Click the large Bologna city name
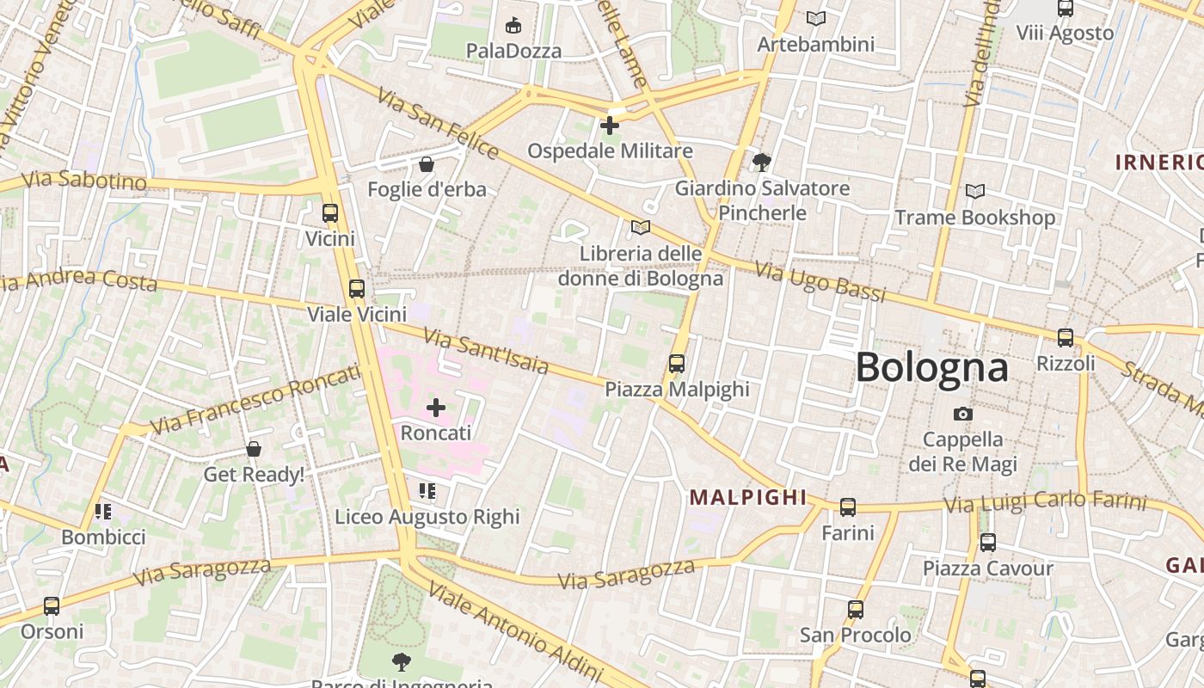[931, 367]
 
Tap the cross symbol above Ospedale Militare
[610, 126]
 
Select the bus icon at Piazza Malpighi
[677, 364]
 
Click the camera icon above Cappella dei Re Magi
[963, 414]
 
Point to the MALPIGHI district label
[748, 497]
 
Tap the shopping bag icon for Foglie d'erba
[427, 163]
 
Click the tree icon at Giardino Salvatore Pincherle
[761, 162]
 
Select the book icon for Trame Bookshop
[974, 191]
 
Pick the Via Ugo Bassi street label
[820, 282]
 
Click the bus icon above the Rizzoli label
[1066, 337]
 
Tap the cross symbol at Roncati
[436, 407]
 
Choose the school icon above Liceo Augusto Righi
[427, 491]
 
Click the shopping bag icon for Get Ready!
[254, 449]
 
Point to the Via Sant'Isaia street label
[486, 351]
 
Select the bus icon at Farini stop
[848, 507]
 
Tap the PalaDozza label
[513, 51]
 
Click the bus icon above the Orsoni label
[52, 606]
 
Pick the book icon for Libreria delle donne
[641, 228]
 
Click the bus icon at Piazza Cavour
[988, 543]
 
